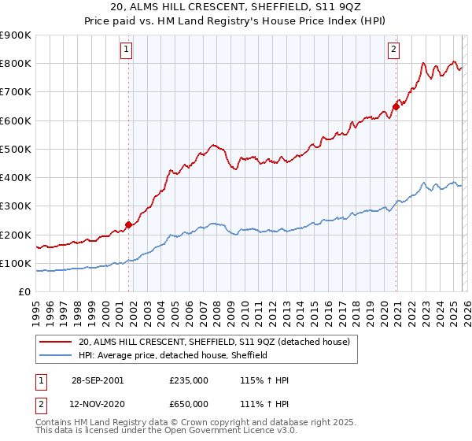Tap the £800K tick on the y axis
[16, 64]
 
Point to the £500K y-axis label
[16, 149]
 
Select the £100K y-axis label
[16, 263]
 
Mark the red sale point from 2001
[128, 224]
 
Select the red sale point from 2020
[396, 107]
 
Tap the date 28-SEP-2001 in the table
[98, 380]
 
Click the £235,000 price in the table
[188, 380]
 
